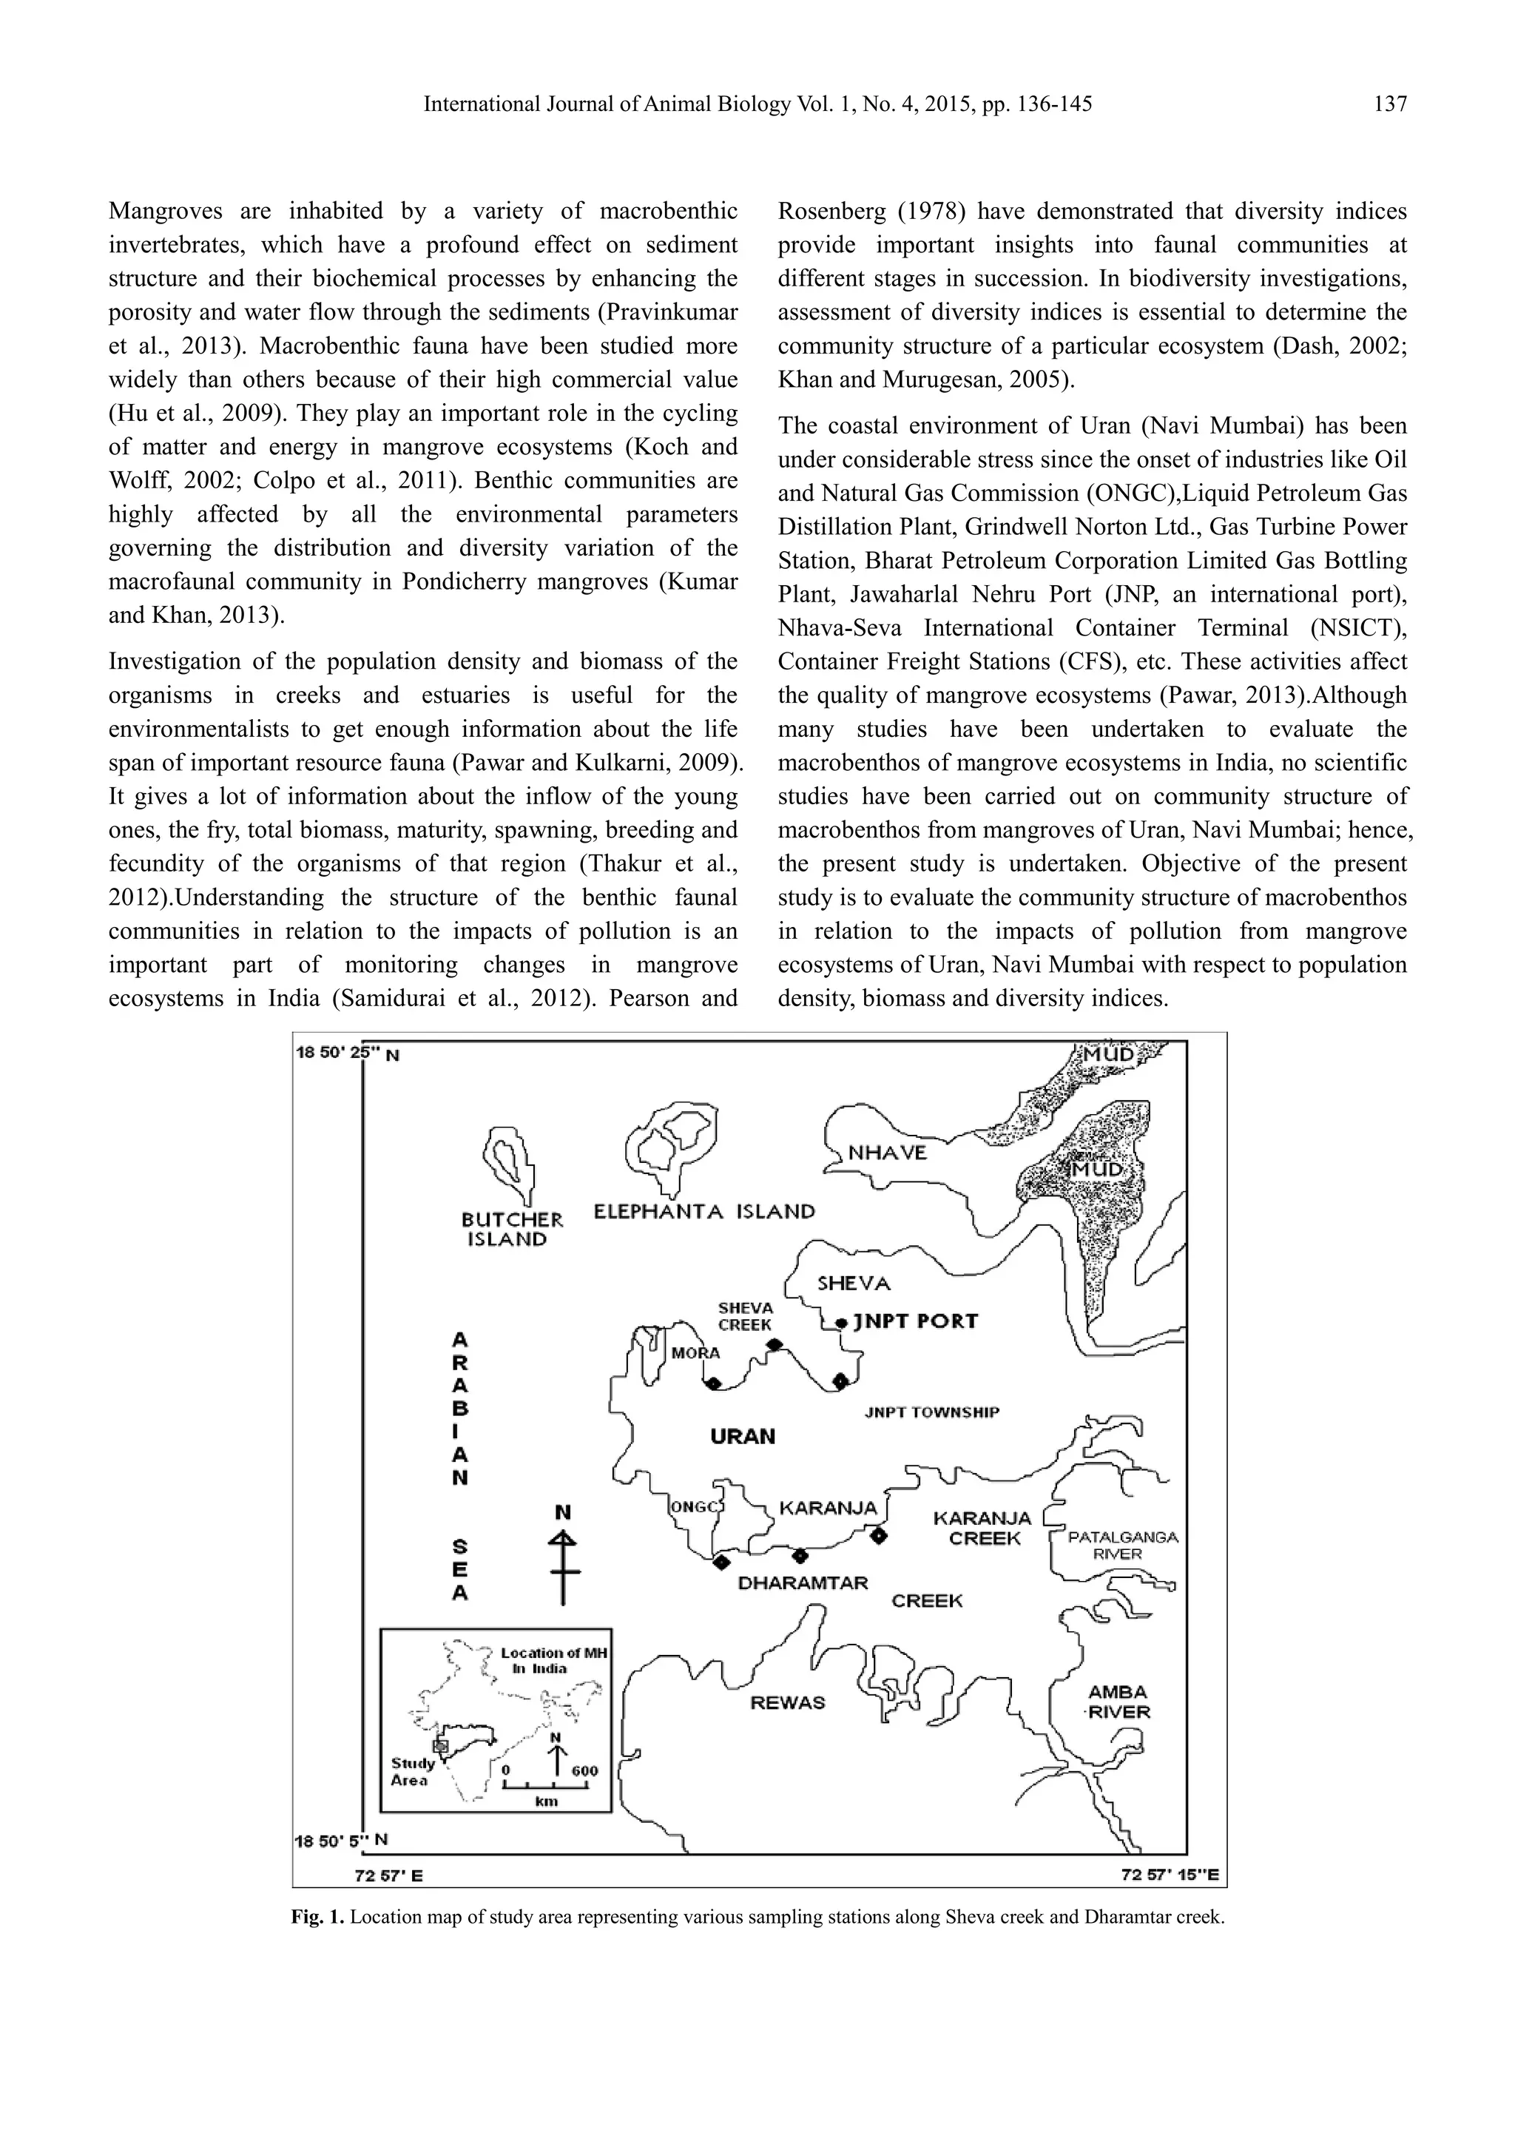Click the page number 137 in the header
click(x=1390, y=104)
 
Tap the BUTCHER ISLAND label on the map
click(x=511, y=1229)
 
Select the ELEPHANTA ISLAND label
click(x=703, y=1212)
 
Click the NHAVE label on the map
click(x=887, y=1153)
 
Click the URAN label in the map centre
click(x=742, y=1436)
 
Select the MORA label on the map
click(x=695, y=1353)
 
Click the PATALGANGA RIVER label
click(x=1122, y=1545)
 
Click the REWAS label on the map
click(x=788, y=1702)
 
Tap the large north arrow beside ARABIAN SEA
click(x=563, y=1557)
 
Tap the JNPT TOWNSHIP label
click(x=931, y=1412)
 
